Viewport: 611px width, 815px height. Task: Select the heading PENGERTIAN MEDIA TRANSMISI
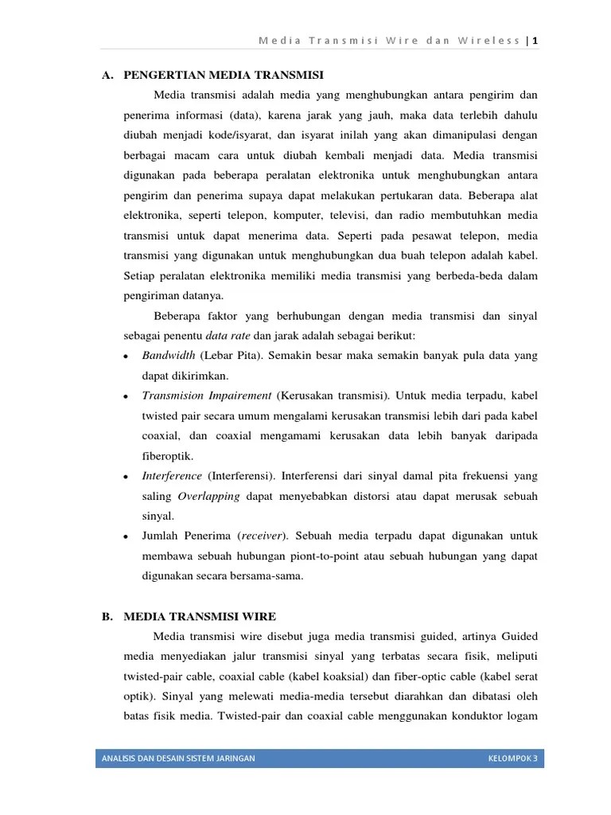click(x=224, y=76)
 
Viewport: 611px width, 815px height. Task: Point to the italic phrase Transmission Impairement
click(x=207, y=395)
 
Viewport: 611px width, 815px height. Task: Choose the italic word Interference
click(x=173, y=476)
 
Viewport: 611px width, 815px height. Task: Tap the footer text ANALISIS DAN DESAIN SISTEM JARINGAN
click(x=179, y=758)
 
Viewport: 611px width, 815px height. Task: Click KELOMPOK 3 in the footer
click(x=513, y=758)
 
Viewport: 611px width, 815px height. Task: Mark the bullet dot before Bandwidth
click(x=127, y=355)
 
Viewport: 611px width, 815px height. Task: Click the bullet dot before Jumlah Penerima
click(x=127, y=537)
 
